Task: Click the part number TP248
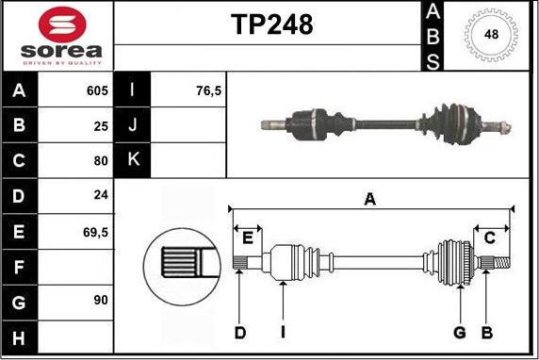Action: point(272,25)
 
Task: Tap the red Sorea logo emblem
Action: point(62,25)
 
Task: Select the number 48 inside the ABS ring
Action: point(491,34)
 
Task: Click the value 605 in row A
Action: point(97,90)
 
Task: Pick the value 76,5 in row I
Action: point(208,90)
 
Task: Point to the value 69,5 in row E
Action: point(95,233)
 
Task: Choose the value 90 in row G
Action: point(101,301)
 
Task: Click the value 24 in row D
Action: point(101,195)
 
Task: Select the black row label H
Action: point(19,337)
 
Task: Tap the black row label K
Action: point(132,159)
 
